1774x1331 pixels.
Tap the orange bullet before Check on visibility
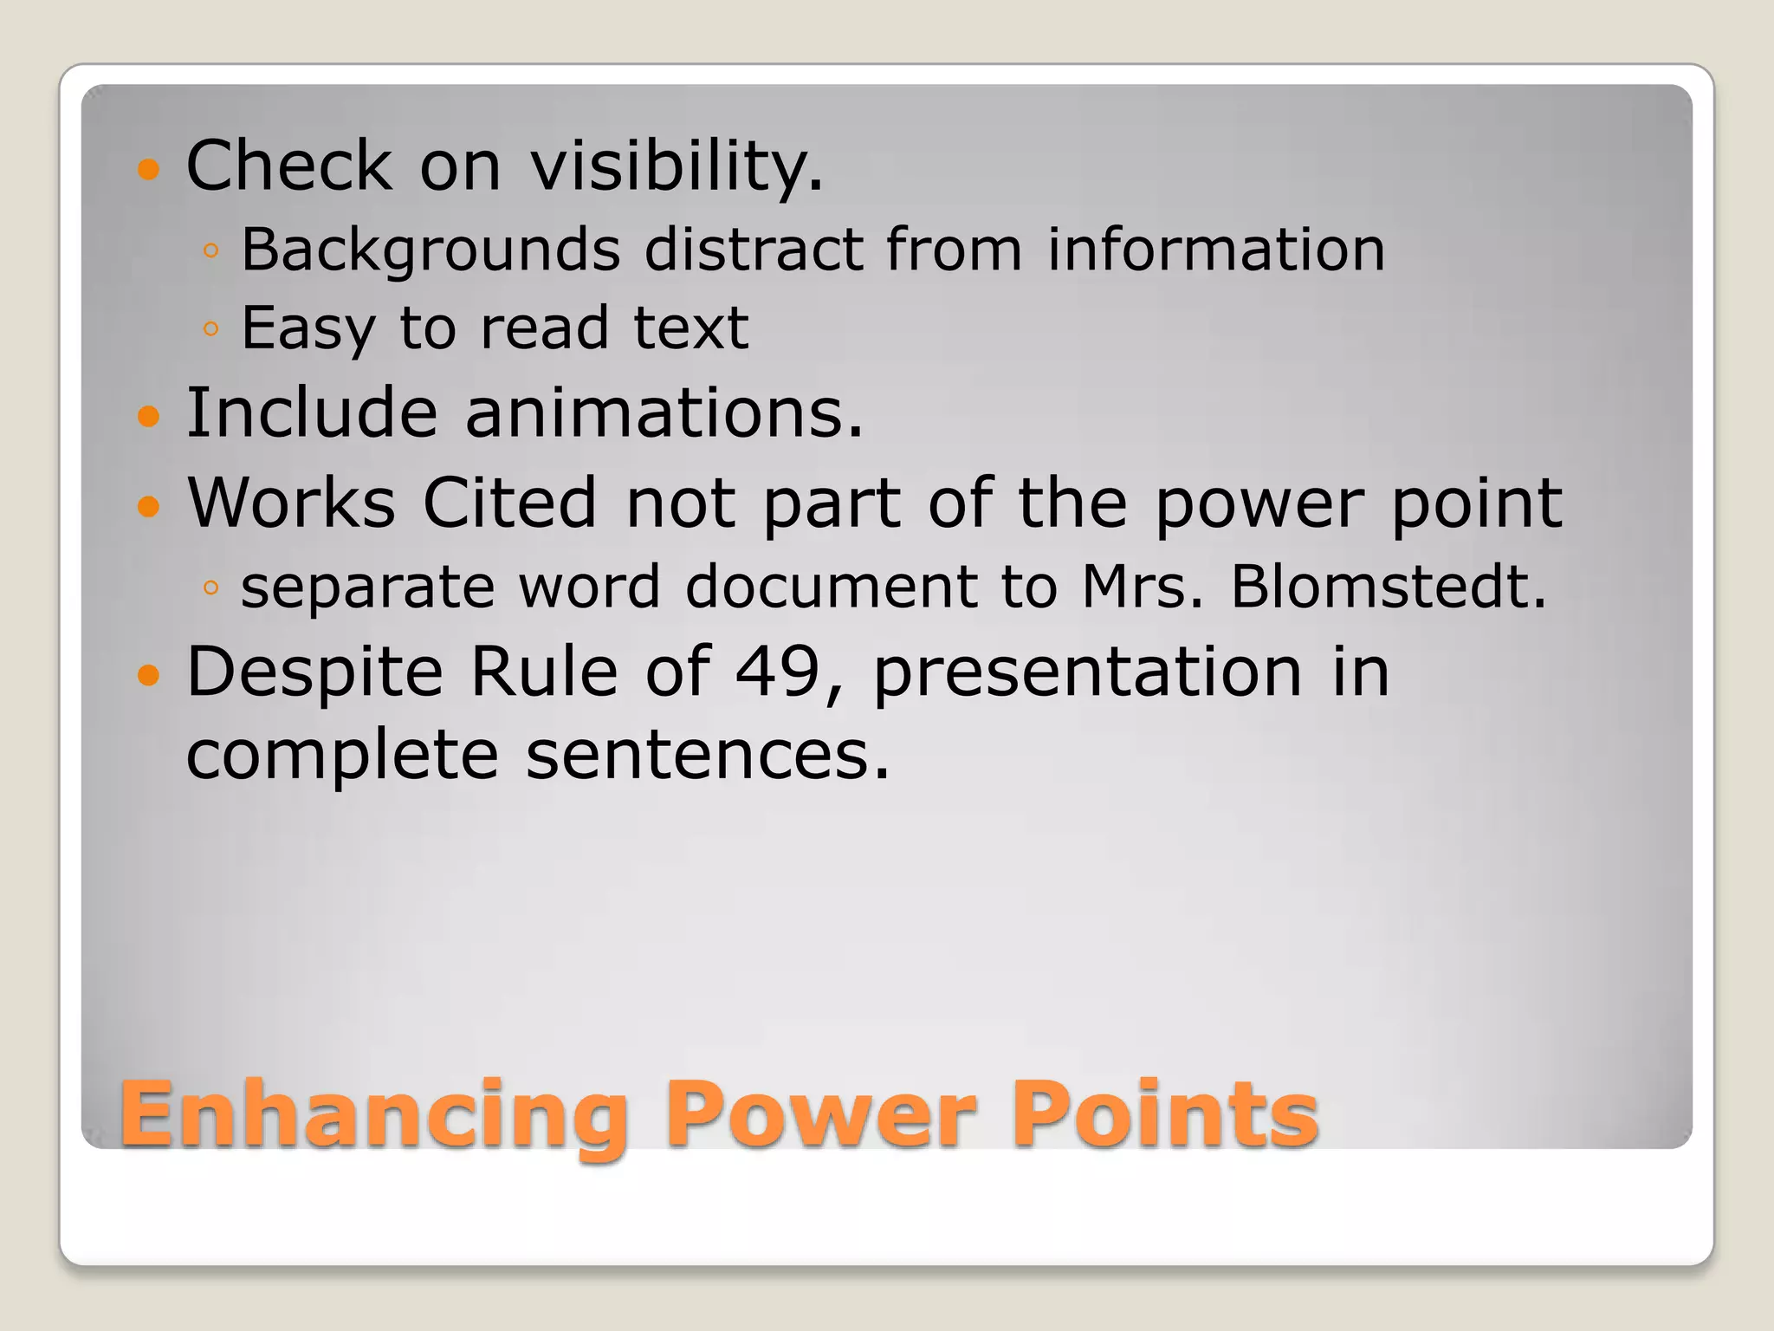[149, 168]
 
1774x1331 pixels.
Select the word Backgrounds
[431, 250]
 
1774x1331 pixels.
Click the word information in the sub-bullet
[1215, 250]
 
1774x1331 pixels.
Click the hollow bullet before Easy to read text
[210, 328]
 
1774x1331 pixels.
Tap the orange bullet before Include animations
[149, 417]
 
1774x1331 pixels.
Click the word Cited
[509, 503]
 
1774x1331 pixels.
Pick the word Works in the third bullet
[291, 503]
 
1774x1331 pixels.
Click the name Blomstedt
[1388, 587]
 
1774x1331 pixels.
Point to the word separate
[367, 588]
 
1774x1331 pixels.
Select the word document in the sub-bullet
[832, 587]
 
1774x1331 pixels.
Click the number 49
[777, 672]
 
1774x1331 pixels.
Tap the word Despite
[314, 673]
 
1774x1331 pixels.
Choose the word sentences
[707, 755]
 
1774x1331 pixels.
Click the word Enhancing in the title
[374, 1116]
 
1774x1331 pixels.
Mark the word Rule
[543, 672]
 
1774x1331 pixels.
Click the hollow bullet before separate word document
[210, 588]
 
